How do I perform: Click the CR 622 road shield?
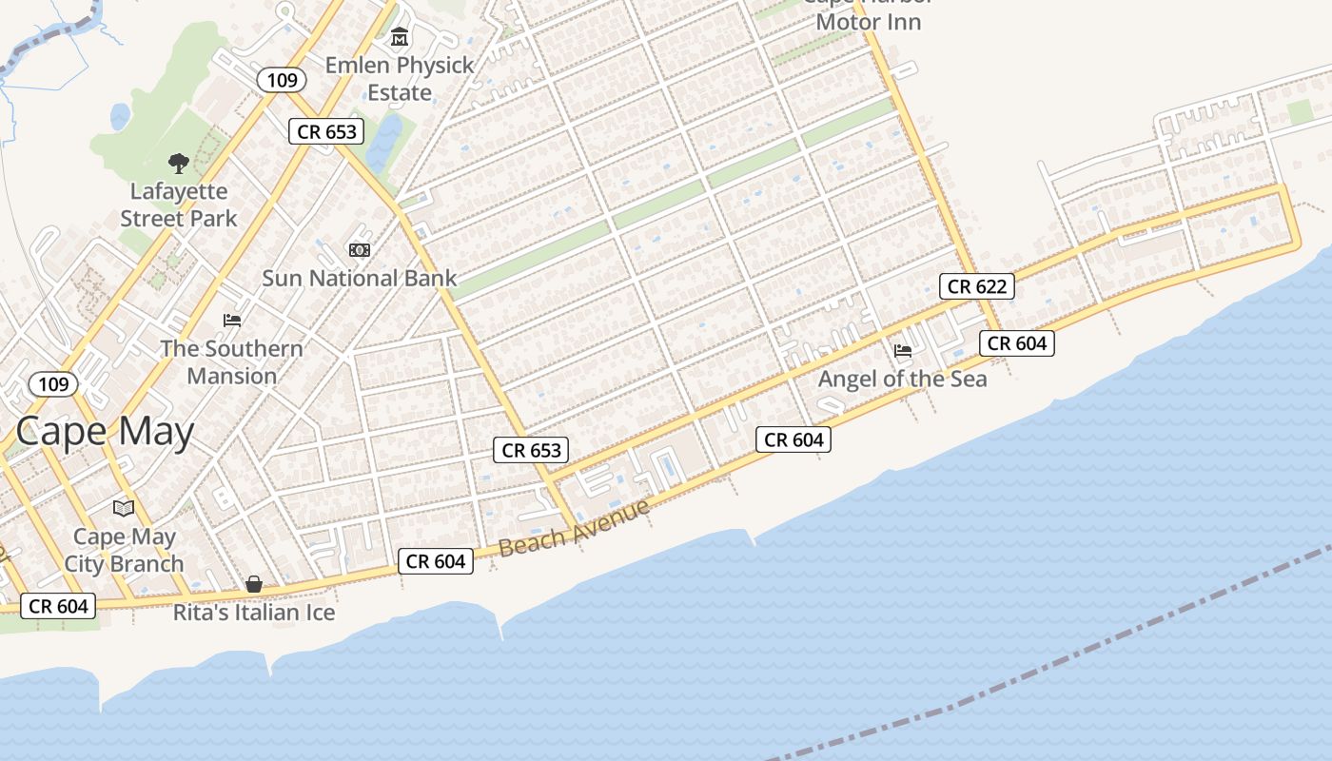pyautogui.click(x=976, y=285)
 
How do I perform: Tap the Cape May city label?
pyautogui.click(x=105, y=431)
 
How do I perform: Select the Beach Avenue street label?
pyautogui.click(x=574, y=527)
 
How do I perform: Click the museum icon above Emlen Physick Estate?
pyautogui.click(x=400, y=38)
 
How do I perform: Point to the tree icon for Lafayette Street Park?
pyautogui.click(x=178, y=164)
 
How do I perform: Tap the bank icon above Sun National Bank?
pyautogui.click(x=360, y=250)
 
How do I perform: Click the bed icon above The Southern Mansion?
pyautogui.click(x=232, y=321)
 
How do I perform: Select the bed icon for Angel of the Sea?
pyautogui.click(x=903, y=351)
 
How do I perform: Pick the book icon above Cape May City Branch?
pyautogui.click(x=124, y=508)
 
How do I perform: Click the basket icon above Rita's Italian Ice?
pyautogui.click(x=254, y=584)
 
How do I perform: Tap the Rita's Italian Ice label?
pyautogui.click(x=254, y=613)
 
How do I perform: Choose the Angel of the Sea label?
pyautogui.click(x=902, y=379)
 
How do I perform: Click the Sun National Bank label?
pyautogui.click(x=360, y=278)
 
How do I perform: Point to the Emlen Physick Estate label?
pyautogui.click(x=400, y=79)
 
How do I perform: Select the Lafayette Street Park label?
pyautogui.click(x=179, y=205)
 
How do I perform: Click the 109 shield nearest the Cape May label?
pyautogui.click(x=53, y=384)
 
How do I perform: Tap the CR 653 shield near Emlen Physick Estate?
pyautogui.click(x=326, y=131)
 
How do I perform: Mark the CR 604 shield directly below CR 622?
pyautogui.click(x=1016, y=343)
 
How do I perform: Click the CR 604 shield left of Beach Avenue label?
pyautogui.click(x=435, y=561)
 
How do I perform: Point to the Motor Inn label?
pyautogui.click(x=869, y=21)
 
